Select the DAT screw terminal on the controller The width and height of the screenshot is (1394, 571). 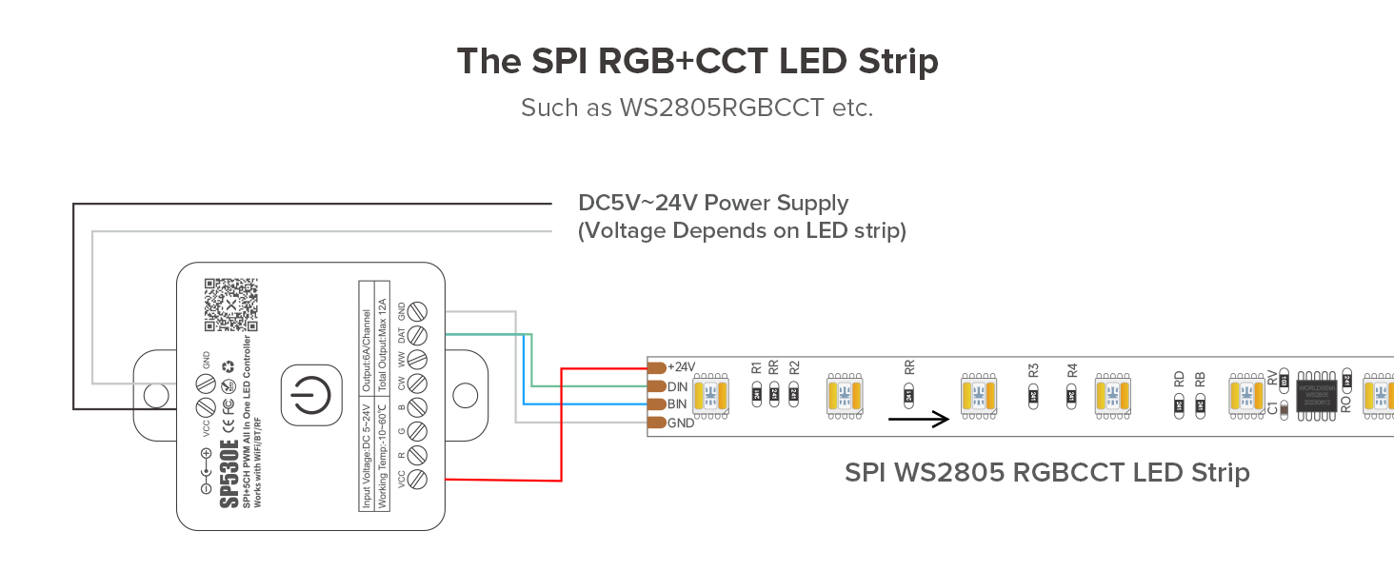[415, 335]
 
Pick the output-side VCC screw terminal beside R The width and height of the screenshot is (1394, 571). [415, 480]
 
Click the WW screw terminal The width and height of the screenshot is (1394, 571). [415, 360]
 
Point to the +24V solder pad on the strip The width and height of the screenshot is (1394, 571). [656, 367]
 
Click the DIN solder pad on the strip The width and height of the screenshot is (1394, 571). [656, 386]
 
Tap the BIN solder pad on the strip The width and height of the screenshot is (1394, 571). [656, 404]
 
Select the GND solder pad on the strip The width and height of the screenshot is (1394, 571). [656, 423]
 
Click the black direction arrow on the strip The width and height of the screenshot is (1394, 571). [919, 419]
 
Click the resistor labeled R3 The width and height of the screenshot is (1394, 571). [1033, 396]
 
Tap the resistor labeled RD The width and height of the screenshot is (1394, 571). [1179, 405]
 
